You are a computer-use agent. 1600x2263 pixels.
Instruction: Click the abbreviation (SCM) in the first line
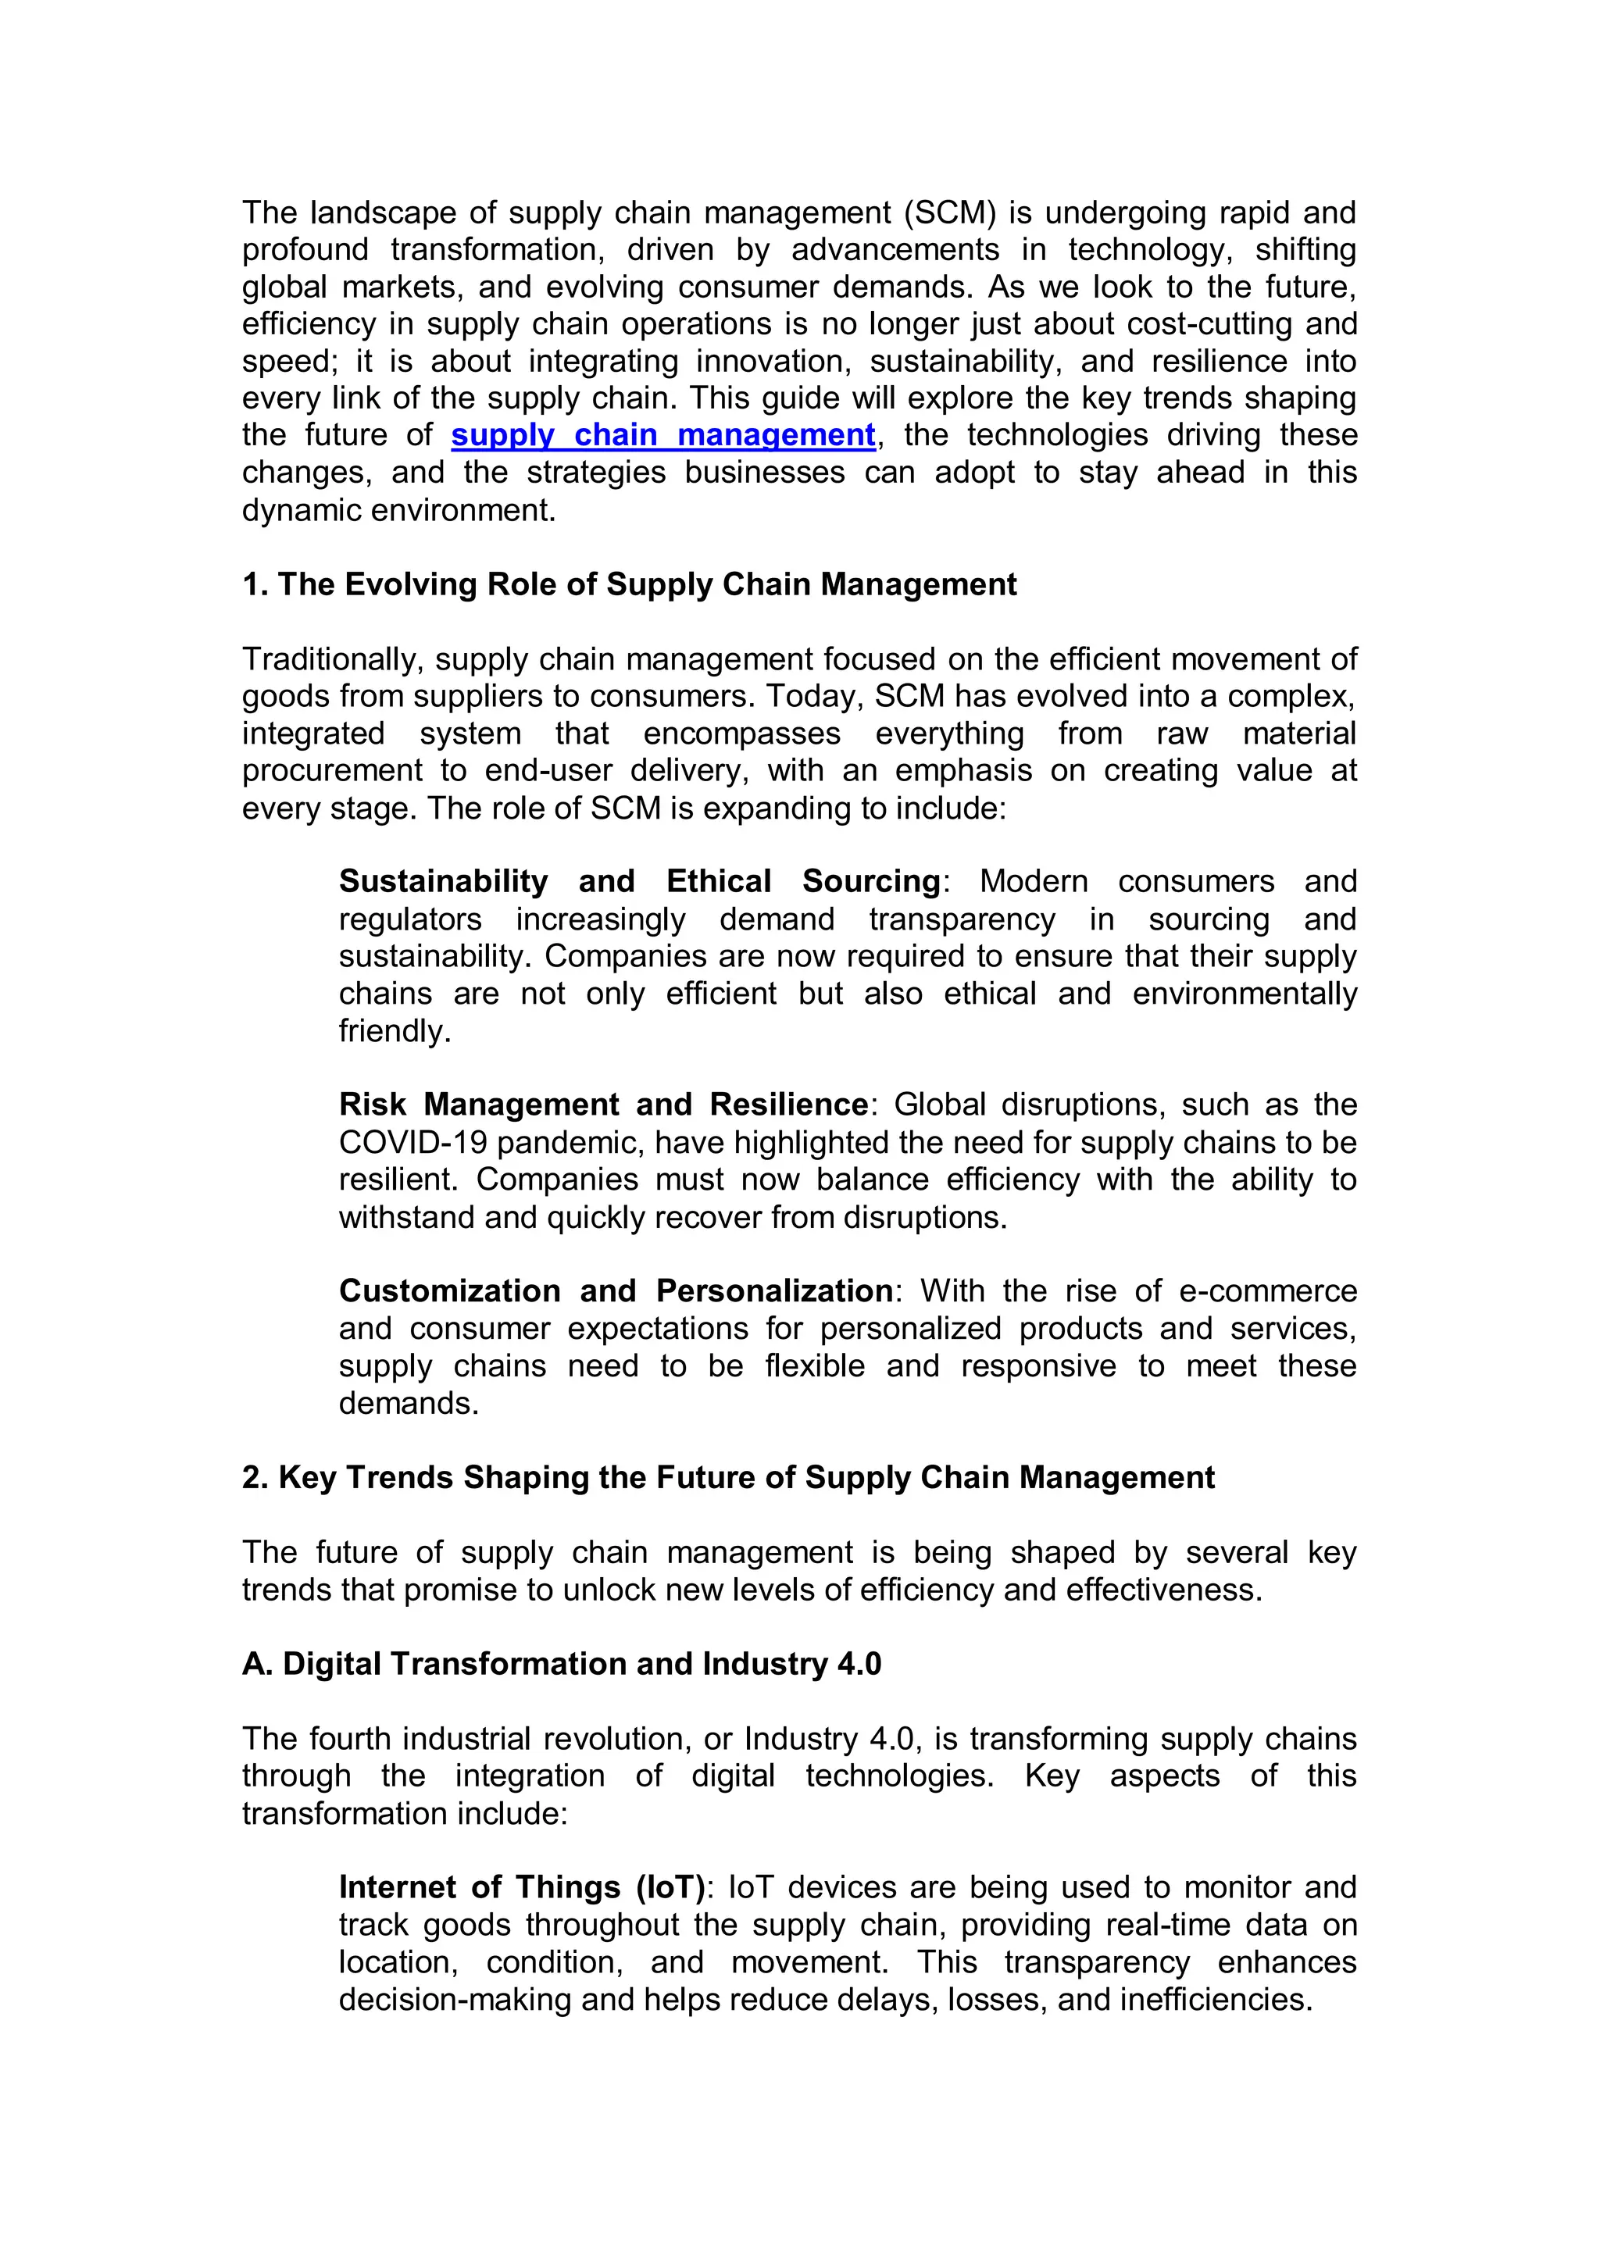(950, 213)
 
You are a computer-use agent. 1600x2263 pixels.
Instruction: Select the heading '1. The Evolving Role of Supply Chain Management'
(629, 584)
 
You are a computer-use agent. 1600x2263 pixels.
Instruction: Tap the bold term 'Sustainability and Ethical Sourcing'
(640, 881)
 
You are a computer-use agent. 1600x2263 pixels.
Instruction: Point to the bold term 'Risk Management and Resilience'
(602, 1104)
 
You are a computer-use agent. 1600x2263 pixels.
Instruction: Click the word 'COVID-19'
(413, 1142)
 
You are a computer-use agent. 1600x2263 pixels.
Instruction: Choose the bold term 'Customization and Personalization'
(615, 1291)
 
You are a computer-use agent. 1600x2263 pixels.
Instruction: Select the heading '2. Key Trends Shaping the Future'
(727, 1477)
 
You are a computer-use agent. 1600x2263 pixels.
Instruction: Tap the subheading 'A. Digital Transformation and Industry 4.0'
(561, 1664)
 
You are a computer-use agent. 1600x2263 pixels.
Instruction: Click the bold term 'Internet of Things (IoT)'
(522, 1886)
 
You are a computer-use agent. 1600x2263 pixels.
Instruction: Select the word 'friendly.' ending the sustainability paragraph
(395, 1031)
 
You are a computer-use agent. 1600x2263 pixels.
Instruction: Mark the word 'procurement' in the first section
(331, 771)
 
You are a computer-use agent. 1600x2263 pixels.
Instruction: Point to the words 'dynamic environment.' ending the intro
(399, 511)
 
